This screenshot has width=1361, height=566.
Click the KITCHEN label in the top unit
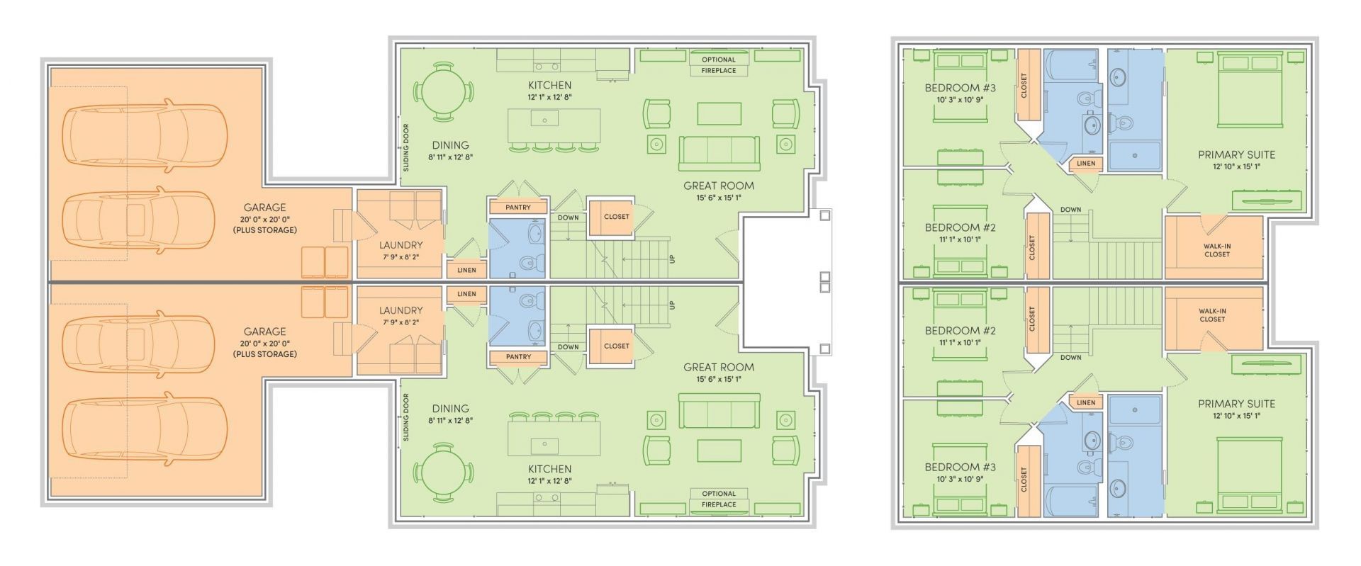click(x=549, y=86)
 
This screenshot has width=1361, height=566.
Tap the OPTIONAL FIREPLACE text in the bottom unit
click(x=719, y=499)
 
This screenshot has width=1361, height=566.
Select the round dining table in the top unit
click(x=444, y=91)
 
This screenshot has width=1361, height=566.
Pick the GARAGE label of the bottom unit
click(x=264, y=332)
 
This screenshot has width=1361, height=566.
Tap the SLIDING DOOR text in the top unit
click(x=406, y=148)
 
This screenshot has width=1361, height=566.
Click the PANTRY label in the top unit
click(x=519, y=208)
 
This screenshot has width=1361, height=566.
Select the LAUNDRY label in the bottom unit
click(x=401, y=310)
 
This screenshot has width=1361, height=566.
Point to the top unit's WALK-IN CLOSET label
click(x=1216, y=250)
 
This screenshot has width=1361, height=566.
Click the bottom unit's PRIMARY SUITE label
click(x=1236, y=404)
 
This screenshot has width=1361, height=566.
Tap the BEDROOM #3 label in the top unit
click(x=960, y=88)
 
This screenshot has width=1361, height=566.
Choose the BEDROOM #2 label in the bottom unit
click(x=960, y=331)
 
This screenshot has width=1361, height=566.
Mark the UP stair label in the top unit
click(x=672, y=259)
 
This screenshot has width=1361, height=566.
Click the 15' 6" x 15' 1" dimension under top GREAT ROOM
click(x=719, y=198)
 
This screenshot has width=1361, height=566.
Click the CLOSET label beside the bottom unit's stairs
click(x=616, y=346)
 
